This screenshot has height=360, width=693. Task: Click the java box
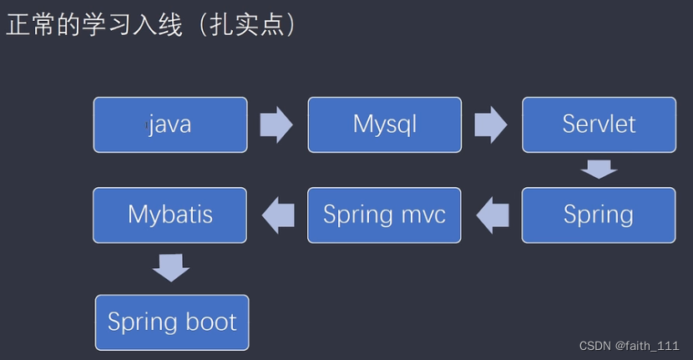(x=170, y=125)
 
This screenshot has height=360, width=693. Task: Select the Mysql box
(x=384, y=125)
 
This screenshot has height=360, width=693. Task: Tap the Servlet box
(x=599, y=125)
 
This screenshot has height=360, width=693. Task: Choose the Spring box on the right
(x=599, y=215)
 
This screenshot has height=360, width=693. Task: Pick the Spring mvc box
(x=384, y=215)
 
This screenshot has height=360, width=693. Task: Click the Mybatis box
(x=169, y=215)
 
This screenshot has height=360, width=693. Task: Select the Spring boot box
(x=172, y=322)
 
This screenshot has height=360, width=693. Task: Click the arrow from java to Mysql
(x=276, y=125)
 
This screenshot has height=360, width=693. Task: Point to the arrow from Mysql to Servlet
(x=491, y=125)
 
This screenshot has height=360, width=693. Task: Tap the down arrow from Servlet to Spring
(x=599, y=170)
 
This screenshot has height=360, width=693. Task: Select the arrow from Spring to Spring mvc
(x=493, y=215)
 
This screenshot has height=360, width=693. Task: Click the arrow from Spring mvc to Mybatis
(x=278, y=215)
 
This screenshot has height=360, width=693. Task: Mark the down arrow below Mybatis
(x=171, y=269)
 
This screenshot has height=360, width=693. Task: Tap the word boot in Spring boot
(x=209, y=322)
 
